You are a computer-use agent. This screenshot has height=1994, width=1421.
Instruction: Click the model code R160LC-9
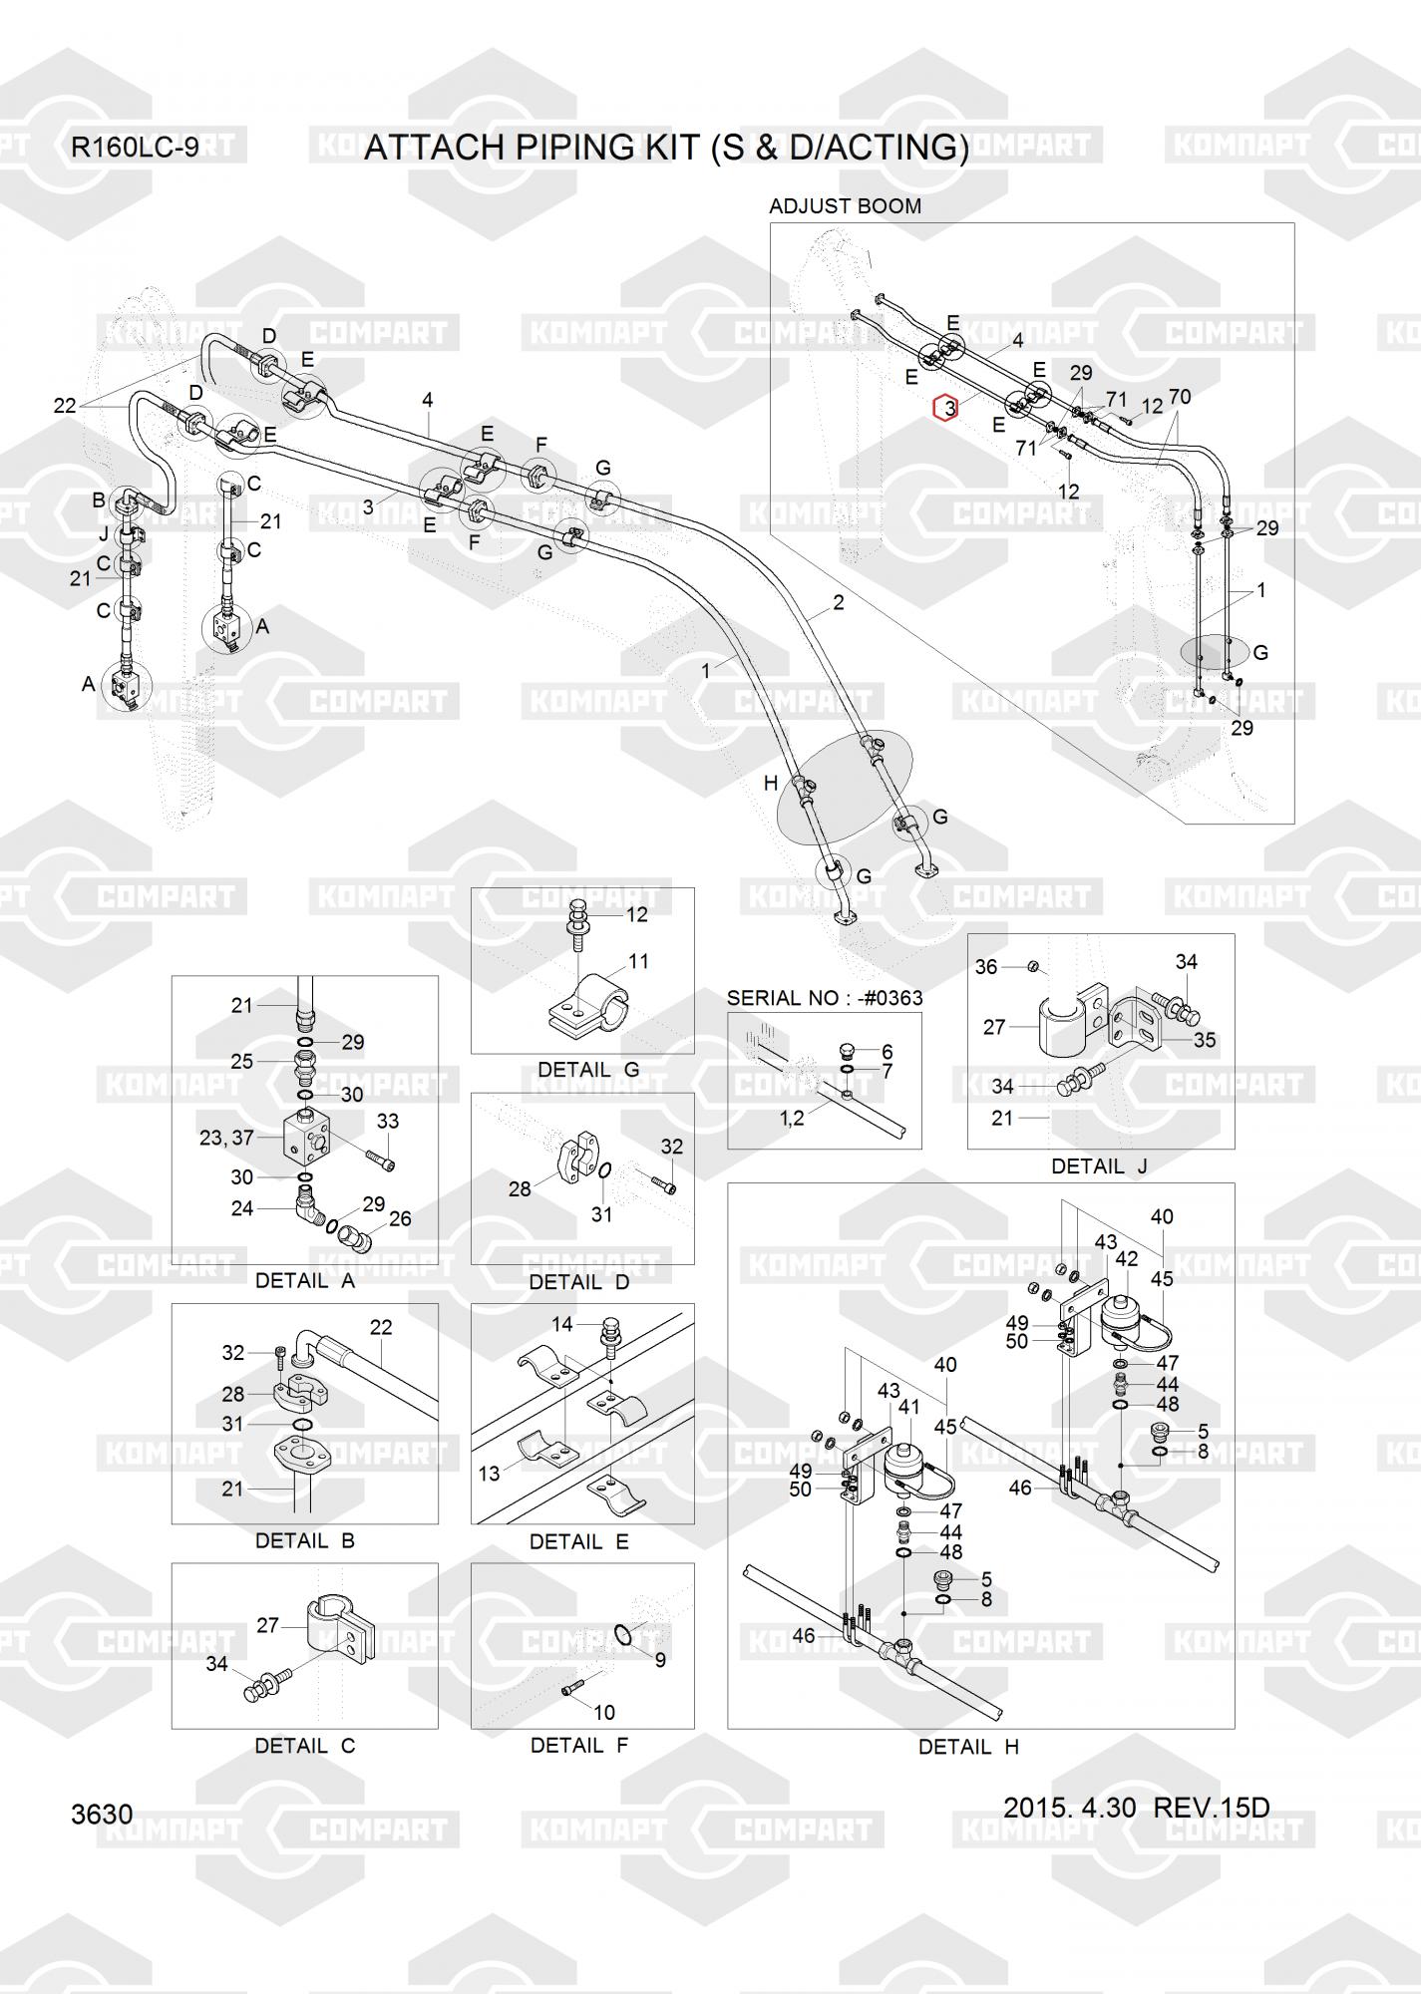[135, 148]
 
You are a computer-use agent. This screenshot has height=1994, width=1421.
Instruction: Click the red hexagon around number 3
[944, 408]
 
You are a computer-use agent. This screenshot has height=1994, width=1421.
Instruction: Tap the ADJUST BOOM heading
[845, 206]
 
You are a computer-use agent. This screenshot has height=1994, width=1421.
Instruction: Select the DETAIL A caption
[305, 1280]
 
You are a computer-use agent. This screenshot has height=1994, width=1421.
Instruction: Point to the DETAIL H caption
[968, 1747]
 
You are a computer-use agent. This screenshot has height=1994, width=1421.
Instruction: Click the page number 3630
[102, 1814]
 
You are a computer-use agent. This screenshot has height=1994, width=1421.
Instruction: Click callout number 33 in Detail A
[387, 1122]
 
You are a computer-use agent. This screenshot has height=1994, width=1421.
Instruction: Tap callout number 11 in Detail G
[638, 961]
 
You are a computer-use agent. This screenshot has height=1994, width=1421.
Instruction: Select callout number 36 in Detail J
[986, 967]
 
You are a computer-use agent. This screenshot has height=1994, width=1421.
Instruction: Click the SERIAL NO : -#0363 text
[825, 998]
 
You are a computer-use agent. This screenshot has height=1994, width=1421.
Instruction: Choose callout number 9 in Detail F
[660, 1660]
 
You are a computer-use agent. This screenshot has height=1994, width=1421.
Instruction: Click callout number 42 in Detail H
[1126, 1259]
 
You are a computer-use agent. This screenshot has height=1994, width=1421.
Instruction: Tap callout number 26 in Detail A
[400, 1218]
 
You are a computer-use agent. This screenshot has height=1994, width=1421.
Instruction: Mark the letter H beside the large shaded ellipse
[771, 784]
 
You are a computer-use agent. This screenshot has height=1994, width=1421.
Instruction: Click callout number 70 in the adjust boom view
[1179, 397]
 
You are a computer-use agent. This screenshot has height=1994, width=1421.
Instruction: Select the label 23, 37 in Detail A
[226, 1137]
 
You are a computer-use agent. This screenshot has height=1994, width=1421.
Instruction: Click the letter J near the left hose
[104, 534]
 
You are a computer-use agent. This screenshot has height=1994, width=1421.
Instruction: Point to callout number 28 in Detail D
[520, 1188]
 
